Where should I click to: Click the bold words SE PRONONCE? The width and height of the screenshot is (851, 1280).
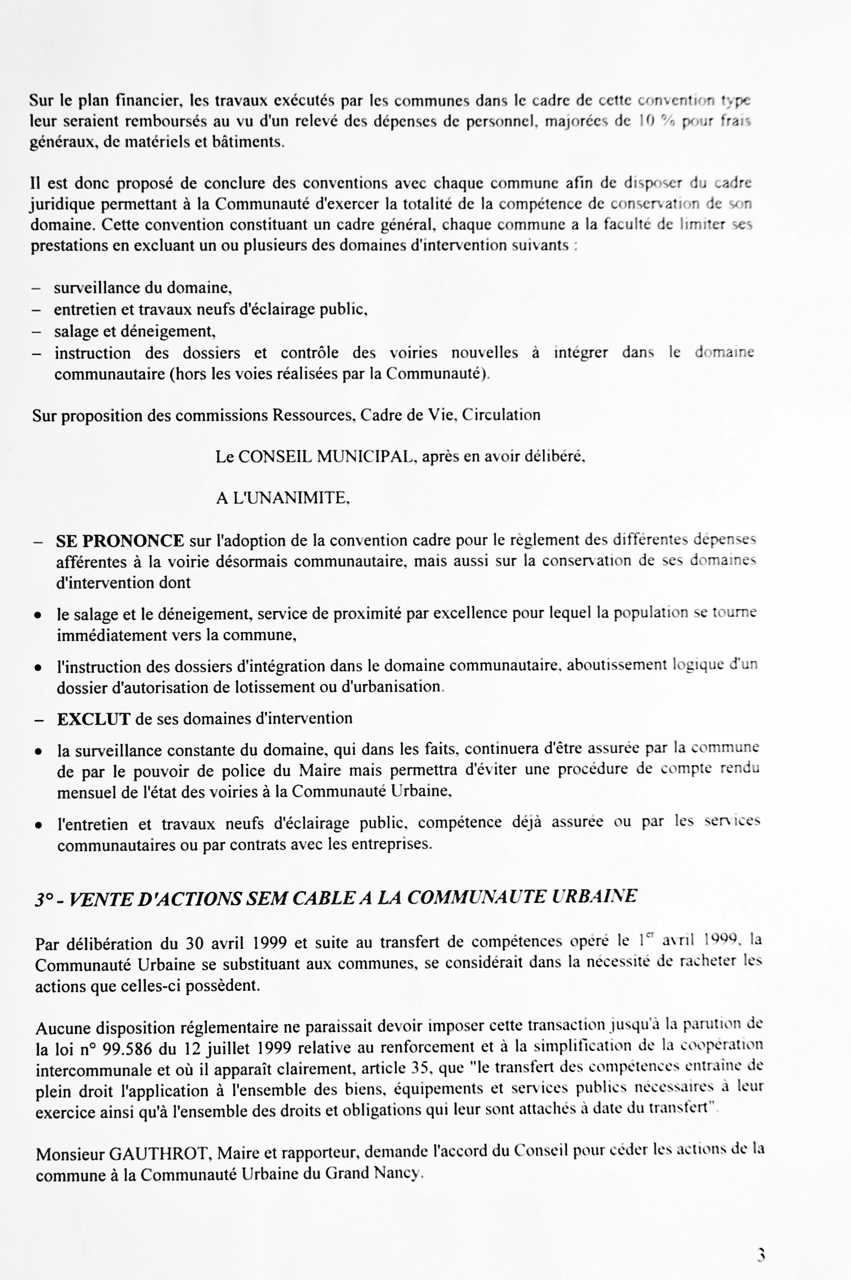click(120, 540)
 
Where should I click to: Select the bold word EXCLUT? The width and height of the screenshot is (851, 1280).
click(93, 719)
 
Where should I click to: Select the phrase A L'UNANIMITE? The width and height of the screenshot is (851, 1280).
click(283, 498)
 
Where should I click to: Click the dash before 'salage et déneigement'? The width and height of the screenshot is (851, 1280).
click(36, 332)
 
